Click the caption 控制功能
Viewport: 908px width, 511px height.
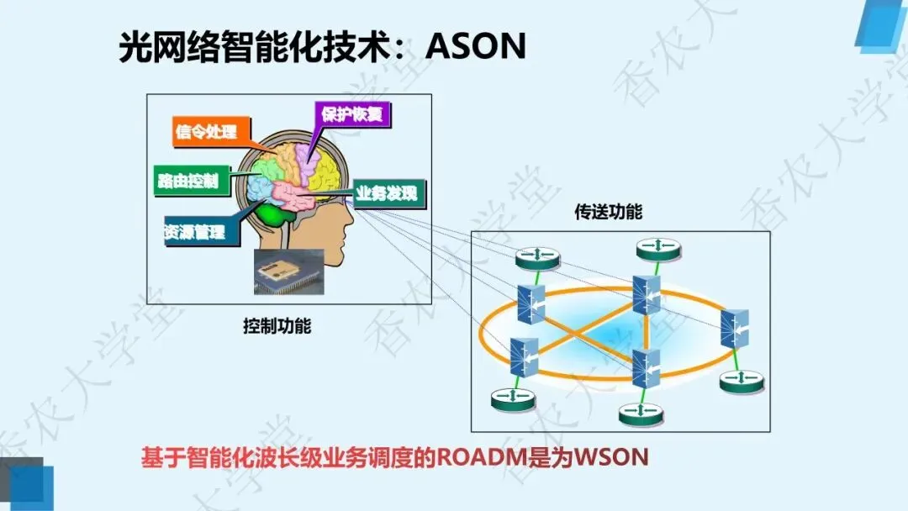[277, 326]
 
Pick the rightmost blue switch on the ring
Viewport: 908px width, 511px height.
[734, 329]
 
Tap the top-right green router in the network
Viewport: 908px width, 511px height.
[658, 248]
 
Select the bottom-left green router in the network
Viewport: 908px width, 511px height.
[513, 399]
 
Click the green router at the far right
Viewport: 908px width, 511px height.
[743, 381]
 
